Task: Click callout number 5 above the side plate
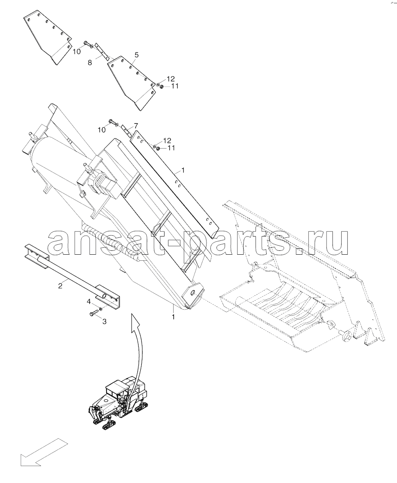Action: (x=136, y=55)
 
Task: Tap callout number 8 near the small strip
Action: (x=90, y=62)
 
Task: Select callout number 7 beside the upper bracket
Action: (x=136, y=125)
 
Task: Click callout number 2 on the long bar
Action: (x=60, y=285)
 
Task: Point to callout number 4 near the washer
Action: (x=89, y=302)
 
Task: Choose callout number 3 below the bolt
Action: (x=104, y=321)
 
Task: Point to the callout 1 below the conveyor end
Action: (x=173, y=316)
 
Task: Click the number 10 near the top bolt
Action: (x=77, y=52)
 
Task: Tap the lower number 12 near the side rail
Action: (x=167, y=140)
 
